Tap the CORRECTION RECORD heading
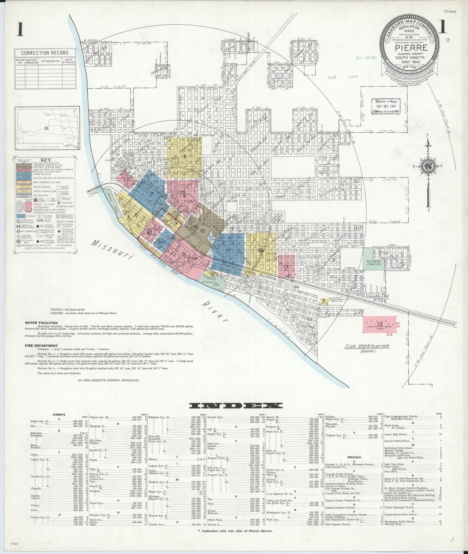[45, 53]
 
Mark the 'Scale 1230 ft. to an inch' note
[367, 346]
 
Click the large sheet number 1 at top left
[20, 29]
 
